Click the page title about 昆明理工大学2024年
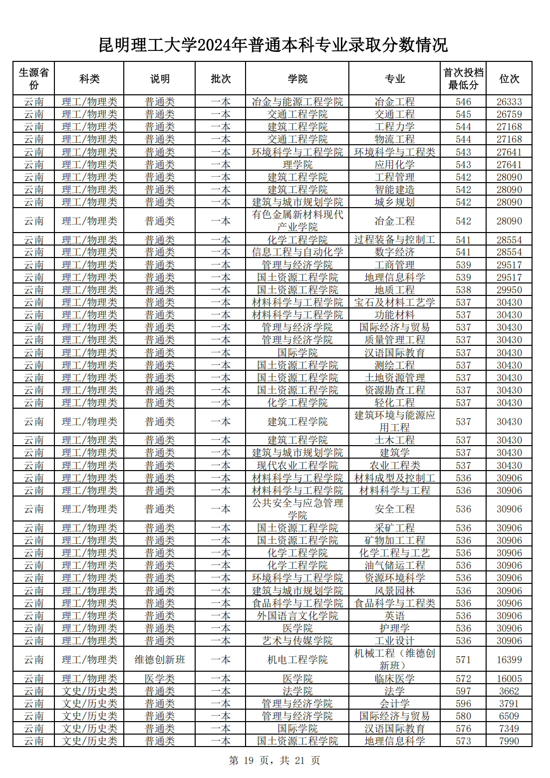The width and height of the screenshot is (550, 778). click(x=274, y=45)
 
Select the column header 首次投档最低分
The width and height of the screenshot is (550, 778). click(x=463, y=79)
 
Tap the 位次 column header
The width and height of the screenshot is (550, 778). click(x=509, y=79)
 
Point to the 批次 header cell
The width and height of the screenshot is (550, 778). click(x=221, y=79)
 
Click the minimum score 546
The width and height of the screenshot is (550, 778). click(x=463, y=102)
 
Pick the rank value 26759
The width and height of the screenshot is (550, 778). click(x=509, y=114)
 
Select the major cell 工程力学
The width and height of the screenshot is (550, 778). click(x=394, y=127)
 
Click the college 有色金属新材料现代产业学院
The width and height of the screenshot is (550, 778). click(x=297, y=221)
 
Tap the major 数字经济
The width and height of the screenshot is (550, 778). click(x=394, y=253)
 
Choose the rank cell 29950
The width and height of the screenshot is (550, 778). click(x=509, y=290)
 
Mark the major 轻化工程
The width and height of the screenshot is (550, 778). click(x=394, y=403)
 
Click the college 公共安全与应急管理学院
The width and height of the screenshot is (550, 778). click(x=297, y=509)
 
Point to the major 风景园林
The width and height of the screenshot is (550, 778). click(x=394, y=591)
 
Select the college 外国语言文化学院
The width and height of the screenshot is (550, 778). click(x=297, y=616)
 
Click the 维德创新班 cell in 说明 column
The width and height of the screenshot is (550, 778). click(x=160, y=660)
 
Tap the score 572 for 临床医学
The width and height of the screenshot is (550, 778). click(x=463, y=679)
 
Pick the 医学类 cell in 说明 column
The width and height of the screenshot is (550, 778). click(x=160, y=679)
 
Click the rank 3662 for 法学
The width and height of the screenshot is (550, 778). click(x=509, y=691)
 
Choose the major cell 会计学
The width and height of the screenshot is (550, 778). click(x=394, y=704)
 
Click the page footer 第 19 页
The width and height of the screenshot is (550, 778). click(x=274, y=761)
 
